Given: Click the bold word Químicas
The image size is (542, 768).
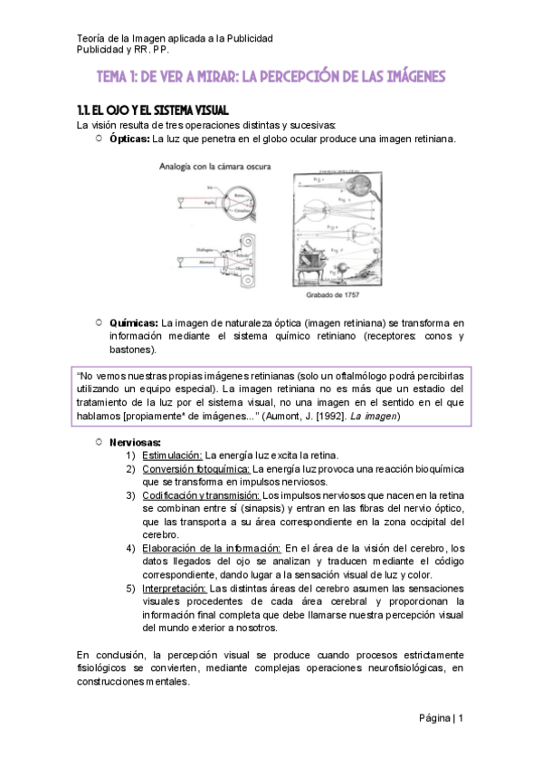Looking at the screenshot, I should (133, 322).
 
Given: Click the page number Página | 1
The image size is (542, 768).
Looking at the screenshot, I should (441, 718).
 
